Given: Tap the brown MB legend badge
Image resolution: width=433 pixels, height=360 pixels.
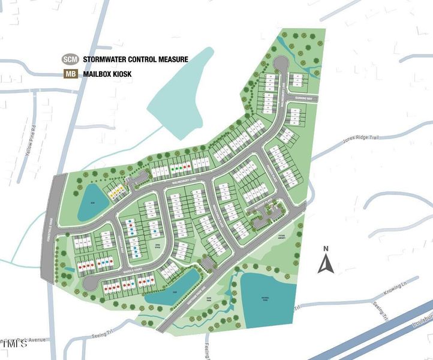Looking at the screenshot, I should (x=71, y=75).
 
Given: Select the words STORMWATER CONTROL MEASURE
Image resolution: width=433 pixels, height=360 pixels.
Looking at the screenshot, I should (x=136, y=59).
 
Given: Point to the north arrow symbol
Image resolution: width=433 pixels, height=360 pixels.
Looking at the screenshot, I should (x=325, y=262).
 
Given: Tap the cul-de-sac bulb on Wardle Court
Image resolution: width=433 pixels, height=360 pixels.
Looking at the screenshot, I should (x=89, y=284).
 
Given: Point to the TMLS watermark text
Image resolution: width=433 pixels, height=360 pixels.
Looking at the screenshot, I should (x=15, y=345).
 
